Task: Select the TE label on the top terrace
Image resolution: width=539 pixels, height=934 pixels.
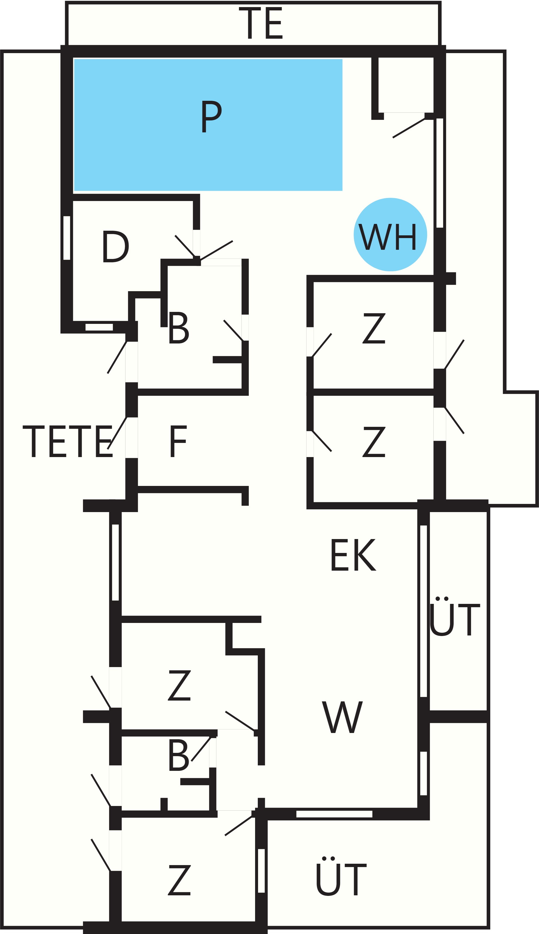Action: [261, 23]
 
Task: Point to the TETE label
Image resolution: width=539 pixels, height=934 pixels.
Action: [68, 441]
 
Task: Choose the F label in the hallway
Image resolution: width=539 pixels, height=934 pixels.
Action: [178, 441]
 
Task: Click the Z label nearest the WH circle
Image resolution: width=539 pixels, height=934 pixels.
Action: [374, 328]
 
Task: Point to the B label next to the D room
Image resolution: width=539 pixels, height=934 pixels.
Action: [179, 328]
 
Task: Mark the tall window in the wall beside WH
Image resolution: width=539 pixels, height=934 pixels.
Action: [440, 173]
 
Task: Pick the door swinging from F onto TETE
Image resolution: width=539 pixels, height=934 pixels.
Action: [117, 433]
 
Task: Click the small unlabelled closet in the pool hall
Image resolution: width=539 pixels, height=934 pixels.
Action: [406, 85]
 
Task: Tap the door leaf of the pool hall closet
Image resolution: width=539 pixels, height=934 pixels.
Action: [409, 128]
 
